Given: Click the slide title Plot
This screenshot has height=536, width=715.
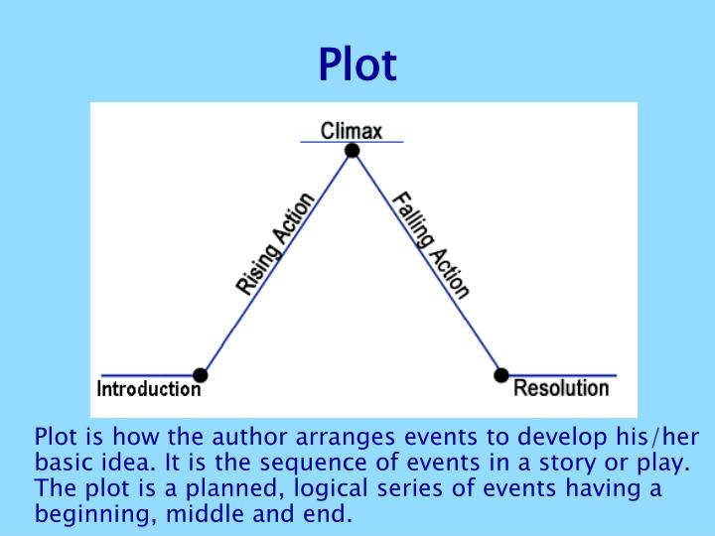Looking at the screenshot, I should point(357,65).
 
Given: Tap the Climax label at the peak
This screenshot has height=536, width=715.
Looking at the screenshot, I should point(352,130).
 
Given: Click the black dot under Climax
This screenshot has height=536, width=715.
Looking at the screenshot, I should point(352,151).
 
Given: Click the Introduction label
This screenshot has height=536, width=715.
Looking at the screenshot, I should point(148,389).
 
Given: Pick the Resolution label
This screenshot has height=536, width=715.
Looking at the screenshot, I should point(561,388).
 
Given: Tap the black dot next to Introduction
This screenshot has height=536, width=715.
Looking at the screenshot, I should point(201,375).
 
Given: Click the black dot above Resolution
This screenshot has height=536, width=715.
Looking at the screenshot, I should point(501,374).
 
